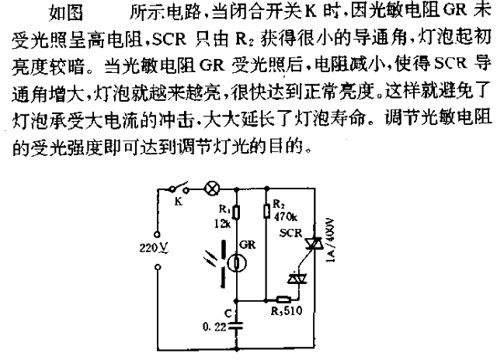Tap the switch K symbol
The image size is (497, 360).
tap(179, 188)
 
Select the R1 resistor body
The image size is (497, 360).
tap(236, 212)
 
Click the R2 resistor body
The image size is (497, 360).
tap(267, 210)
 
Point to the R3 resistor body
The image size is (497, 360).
tap(283, 299)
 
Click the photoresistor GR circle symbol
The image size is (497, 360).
tap(238, 263)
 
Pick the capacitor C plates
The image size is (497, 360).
tap(236, 326)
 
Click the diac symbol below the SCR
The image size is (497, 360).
tap(297, 279)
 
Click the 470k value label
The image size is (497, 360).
tap(286, 217)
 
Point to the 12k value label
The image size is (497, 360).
tap(222, 224)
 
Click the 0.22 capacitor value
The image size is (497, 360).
tap(214, 327)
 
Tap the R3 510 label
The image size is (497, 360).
tap(287, 311)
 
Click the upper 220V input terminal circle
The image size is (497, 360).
tap(157, 234)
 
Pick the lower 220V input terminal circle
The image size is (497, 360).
tap(158, 268)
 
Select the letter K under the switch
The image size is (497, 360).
tap(179, 201)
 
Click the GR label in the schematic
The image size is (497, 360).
tap(247, 244)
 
